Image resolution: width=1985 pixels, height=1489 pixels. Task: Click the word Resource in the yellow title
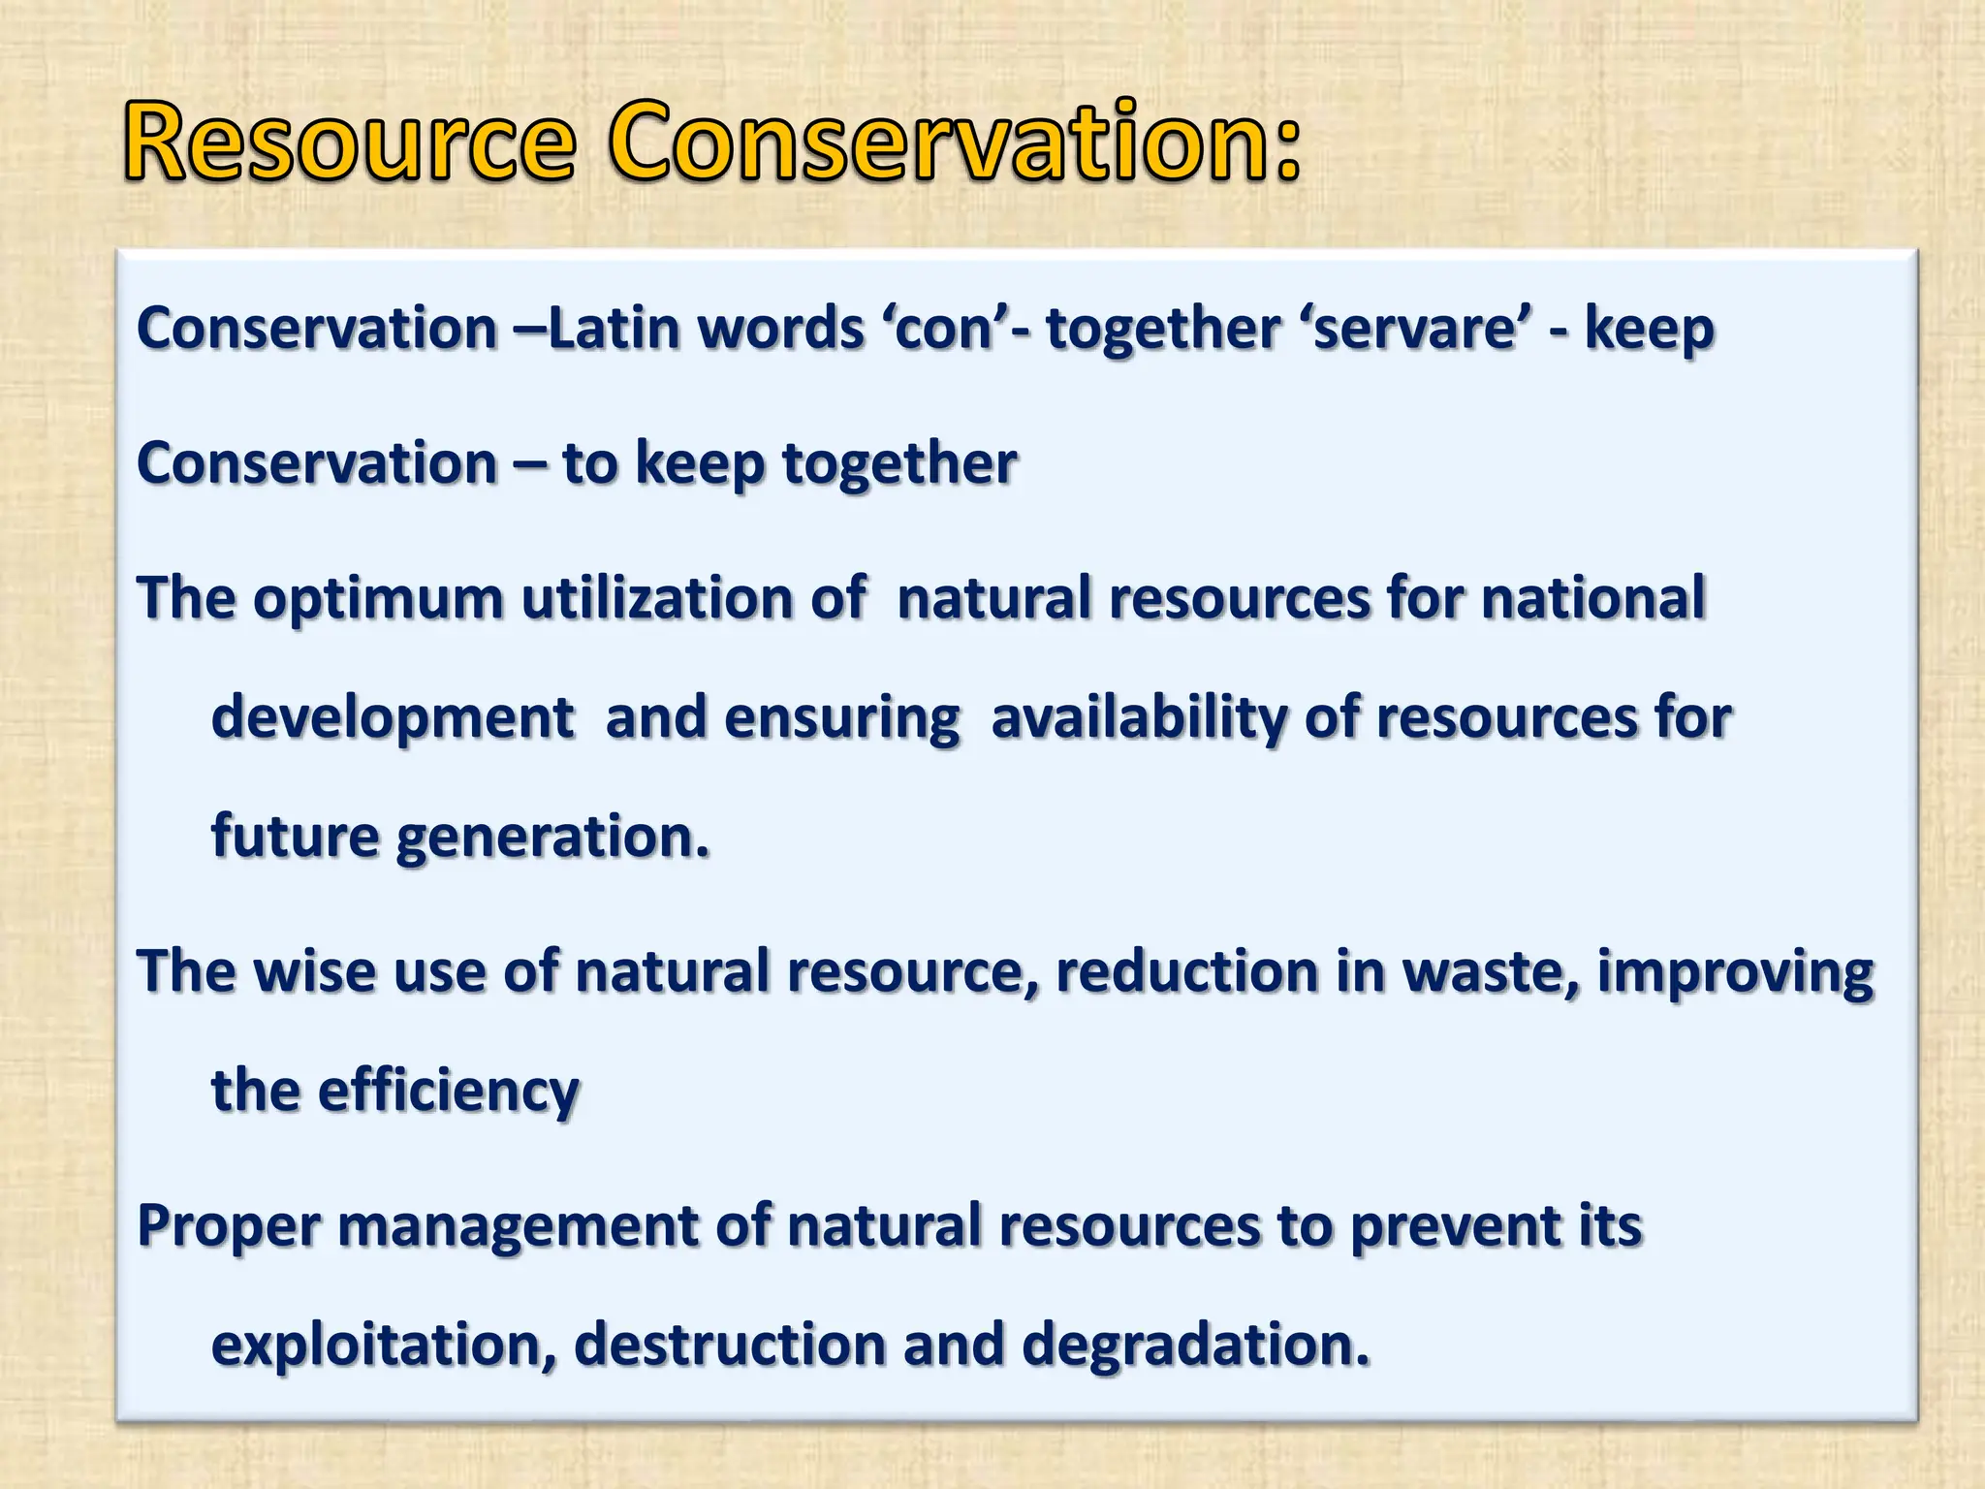pos(349,143)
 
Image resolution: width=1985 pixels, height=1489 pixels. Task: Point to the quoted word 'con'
pos(945,328)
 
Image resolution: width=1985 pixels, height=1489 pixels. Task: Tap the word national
pos(1593,598)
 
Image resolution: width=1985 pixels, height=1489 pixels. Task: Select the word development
pos(393,718)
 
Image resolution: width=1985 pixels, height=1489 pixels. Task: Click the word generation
pos(552,837)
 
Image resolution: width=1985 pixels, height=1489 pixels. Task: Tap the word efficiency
pos(449,1092)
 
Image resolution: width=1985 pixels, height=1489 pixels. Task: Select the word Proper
pos(229,1226)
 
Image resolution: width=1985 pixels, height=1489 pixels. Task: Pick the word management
pos(519,1226)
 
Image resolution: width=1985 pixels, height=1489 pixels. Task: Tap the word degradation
pos(1196,1346)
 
